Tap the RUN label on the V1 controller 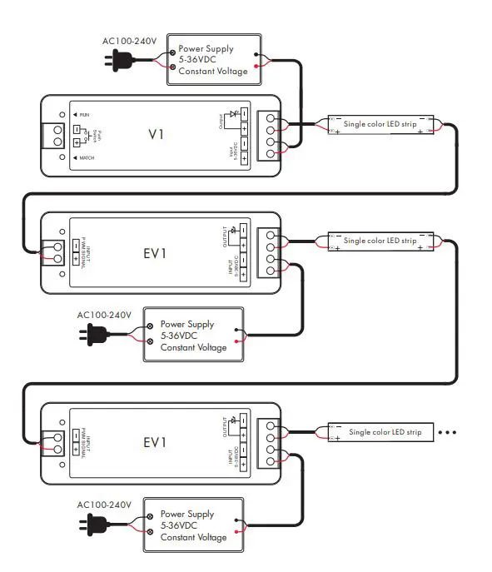pos(84,113)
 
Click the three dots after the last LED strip pos(447,432)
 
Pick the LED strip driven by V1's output pos(380,125)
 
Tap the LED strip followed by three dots pos(380,432)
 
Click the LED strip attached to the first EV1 pos(380,241)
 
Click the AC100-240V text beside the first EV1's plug pos(104,315)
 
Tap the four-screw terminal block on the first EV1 pos(271,251)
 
